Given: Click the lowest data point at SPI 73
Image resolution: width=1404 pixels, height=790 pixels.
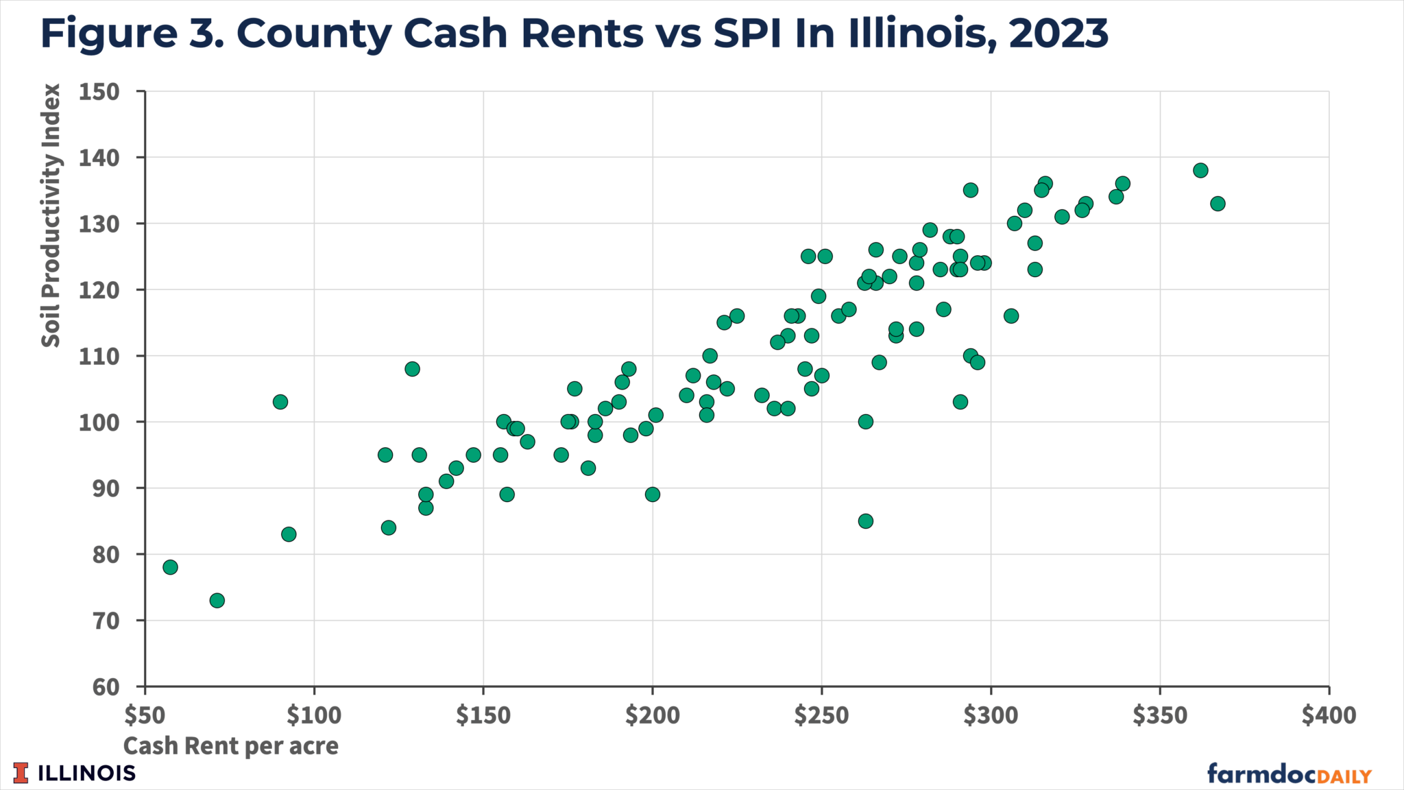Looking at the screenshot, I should (217, 601).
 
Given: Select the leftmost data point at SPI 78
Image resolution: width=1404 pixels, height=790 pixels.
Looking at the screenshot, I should (170, 567).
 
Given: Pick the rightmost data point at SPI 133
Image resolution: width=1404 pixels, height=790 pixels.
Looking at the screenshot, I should (1218, 204).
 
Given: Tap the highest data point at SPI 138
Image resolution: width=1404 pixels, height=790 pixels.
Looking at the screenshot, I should (1200, 170).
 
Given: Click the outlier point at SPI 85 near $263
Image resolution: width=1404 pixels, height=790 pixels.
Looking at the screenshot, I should (866, 521).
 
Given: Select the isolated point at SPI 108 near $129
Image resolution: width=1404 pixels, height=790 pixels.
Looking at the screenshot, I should (412, 369).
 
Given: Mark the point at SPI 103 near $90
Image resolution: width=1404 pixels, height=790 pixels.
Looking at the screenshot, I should (280, 402).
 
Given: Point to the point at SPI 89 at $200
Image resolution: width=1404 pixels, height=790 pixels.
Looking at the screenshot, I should (653, 494).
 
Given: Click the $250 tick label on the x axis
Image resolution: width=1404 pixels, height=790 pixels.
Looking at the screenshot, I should (821, 716).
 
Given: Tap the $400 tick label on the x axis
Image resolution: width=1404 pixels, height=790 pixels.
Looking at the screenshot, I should (1329, 716).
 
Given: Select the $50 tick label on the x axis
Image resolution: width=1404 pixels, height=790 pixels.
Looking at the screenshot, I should (145, 716).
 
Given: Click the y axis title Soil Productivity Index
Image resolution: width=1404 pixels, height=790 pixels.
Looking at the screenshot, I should (51, 215).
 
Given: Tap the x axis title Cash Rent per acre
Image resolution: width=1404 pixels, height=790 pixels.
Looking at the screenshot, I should (230, 746).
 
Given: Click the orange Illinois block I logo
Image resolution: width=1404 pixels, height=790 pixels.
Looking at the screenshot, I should (21, 773).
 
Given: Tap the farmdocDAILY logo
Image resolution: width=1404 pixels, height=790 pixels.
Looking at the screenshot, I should (1289, 774).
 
